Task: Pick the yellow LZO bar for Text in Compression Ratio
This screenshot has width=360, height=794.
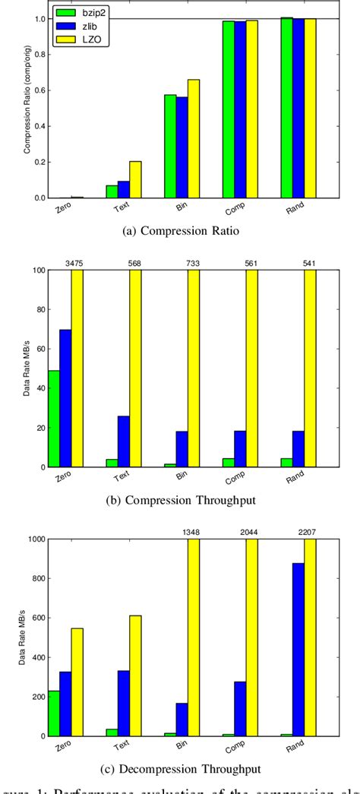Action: click(135, 179)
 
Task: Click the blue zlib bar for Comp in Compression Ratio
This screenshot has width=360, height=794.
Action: click(240, 109)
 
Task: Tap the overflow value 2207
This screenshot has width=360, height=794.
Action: click(309, 533)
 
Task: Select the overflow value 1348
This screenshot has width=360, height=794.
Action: click(193, 533)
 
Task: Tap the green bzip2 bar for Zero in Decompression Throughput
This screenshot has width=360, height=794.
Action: click(54, 713)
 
